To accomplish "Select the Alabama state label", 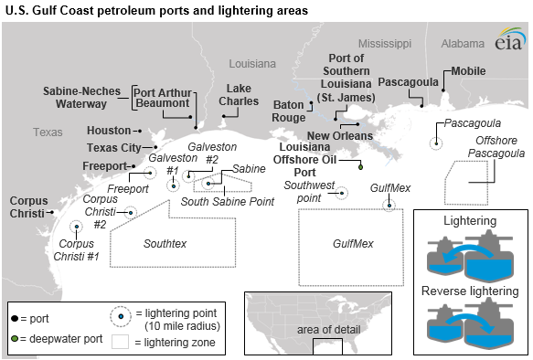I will click(x=462, y=43).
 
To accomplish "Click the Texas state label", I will click(x=48, y=132).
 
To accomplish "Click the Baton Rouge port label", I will click(x=288, y=111).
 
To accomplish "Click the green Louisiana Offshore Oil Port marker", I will click(x=360, y=166).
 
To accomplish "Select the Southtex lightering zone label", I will click(x=165, y=244).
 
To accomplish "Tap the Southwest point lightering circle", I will click(x=342, y=193).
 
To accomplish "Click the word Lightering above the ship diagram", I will click(x=469, y=221).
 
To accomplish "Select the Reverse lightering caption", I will click(x=469, y=291).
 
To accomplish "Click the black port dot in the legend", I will click(x=15, y=315).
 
